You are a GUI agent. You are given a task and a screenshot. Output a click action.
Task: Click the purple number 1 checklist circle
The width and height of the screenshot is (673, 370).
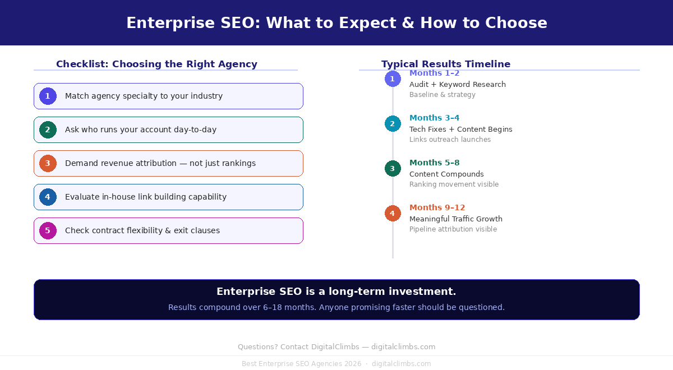coord(48,96)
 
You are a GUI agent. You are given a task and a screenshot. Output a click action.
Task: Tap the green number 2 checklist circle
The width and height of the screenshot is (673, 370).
coord(48,129)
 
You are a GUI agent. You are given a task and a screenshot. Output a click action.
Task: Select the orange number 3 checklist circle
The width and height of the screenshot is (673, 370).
coord(48,163)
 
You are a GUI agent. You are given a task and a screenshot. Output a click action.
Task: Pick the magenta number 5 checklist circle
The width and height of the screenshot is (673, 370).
coord(48,230)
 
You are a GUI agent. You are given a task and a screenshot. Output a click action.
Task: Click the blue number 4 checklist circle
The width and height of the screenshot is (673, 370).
coord(48,197)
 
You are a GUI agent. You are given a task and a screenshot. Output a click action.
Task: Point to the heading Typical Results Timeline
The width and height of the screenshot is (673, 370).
coord(446,64)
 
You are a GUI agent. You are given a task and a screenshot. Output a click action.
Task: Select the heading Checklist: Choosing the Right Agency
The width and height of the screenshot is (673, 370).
coord(156,64)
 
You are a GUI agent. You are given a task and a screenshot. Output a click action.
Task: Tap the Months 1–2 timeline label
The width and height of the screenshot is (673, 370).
coord(434,73)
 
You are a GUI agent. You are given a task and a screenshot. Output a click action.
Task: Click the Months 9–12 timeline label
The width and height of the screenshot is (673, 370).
coord(437,207)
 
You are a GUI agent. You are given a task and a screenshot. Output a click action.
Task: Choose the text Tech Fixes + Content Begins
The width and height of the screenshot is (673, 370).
coord(460,129)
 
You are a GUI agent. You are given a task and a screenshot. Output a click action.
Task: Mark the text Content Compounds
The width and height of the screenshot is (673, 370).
coord(446,174)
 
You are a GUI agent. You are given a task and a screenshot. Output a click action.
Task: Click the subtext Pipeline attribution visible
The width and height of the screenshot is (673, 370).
coord(453,229)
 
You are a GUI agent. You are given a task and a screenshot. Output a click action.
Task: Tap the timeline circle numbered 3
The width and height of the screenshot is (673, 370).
coord(393,168)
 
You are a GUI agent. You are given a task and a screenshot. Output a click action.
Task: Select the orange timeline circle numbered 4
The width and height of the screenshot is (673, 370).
coord(393,213)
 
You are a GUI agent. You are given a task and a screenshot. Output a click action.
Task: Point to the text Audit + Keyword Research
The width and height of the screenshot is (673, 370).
coord(457,84)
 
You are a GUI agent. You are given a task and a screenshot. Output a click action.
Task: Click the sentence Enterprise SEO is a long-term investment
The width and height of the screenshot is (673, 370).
coord(336,292)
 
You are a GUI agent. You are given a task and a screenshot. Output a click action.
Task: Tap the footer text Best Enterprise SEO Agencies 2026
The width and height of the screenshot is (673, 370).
coord(302,364)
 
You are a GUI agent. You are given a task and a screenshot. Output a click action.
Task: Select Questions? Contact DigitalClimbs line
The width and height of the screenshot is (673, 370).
coord(336,347)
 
